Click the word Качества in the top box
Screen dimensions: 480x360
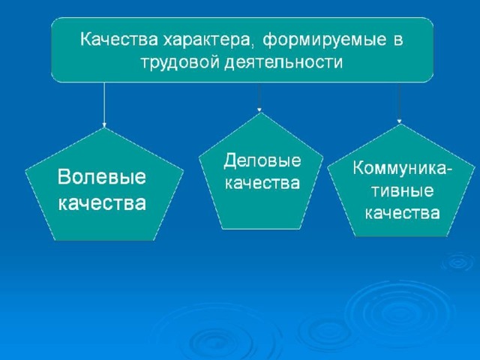click(x=119, y=39)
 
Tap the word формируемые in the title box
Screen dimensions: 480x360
click(x=324, y=40)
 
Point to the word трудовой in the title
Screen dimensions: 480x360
click(x=181, y=63)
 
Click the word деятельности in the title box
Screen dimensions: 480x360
click(x=283, y=63)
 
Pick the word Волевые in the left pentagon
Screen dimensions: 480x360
click(x=102, y=177)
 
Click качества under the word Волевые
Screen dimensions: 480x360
click(x=102, y=202)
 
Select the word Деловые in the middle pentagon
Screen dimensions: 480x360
click(x=262, y=161)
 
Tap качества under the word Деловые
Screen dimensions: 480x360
click(x=262, y=183)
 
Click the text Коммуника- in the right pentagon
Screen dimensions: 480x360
click(x=402, y=168)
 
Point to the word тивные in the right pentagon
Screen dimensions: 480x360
click(x=403, y=191)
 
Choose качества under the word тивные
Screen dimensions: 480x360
click(x=403, y=213)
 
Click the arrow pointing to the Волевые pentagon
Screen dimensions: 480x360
click(x=104, y=105)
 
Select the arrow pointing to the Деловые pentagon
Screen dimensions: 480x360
click(x=259, y=97)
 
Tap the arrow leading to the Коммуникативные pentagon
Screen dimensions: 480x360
click(x=400, y=103)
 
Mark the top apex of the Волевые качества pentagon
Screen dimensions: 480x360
click(x=104, y=128)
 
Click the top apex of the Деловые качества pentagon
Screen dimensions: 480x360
click(x=260, y=112)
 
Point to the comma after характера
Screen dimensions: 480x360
click(x=252, y=46)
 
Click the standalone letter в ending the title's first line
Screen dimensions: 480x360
click(x=397, y=41)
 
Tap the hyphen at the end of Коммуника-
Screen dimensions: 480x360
click(x=449, y=169)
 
